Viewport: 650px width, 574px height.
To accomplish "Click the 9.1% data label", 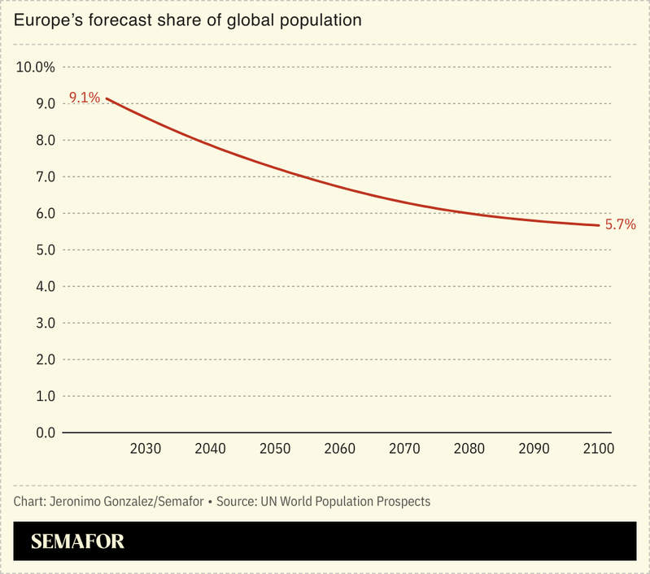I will click(85, 98).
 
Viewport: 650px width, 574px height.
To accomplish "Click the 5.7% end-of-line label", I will click(620, 225).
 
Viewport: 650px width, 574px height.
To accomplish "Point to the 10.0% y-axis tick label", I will click(36, 67).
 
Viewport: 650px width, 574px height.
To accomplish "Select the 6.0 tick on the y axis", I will click(46, 214).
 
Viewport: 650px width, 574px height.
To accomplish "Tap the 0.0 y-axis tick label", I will click(46, 433).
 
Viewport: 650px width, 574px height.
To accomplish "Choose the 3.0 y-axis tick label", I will click(46, 324).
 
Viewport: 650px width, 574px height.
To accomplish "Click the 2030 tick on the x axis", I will click(146, 449).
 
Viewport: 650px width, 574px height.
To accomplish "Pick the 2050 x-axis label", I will click(275, 449).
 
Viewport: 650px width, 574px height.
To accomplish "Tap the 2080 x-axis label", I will click(469, 449).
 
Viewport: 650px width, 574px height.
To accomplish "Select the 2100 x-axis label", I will click(598, 449).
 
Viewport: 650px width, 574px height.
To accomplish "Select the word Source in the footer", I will click(236, 501).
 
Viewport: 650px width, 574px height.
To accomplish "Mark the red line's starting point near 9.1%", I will click(107, 98).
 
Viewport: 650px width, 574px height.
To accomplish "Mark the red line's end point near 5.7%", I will click(599, 225).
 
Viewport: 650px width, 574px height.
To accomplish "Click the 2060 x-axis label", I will click(340, 449).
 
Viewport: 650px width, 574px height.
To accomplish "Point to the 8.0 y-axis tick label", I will click(46, 141).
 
